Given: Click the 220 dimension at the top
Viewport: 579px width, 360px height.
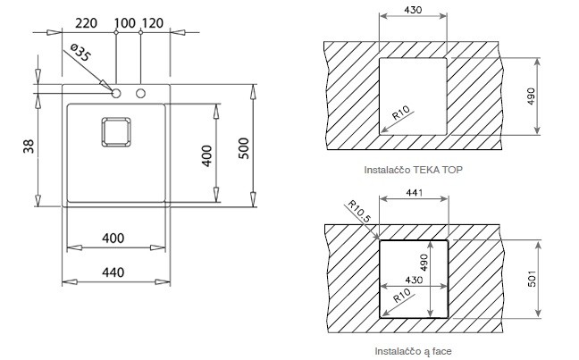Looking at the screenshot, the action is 86,23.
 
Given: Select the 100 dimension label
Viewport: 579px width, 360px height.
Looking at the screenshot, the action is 125,23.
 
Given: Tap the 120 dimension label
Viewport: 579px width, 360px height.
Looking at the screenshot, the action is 153,23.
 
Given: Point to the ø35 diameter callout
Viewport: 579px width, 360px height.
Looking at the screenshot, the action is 80,53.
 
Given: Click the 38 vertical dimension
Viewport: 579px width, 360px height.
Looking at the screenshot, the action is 29,147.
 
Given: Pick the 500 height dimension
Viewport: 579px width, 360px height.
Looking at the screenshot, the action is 244,148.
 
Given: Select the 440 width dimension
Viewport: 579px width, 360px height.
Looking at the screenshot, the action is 113,272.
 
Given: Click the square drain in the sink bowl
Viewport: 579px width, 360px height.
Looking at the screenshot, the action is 116,132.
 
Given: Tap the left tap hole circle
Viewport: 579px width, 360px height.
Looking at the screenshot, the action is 116,94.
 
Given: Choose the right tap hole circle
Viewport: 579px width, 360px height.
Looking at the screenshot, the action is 140,94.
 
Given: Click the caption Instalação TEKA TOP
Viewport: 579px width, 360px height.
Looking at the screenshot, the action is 413,170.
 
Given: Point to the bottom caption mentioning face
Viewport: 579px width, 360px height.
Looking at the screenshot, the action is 413,351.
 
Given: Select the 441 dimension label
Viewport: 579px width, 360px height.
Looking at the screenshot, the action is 415,192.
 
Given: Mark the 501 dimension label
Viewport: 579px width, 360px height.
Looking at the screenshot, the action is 532,279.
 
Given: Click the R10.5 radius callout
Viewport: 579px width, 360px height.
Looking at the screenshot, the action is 358,211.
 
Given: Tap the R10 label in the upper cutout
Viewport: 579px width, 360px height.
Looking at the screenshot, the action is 401,113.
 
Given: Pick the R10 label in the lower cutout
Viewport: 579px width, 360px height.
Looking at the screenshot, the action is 402,296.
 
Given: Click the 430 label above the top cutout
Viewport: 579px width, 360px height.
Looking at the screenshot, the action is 413,10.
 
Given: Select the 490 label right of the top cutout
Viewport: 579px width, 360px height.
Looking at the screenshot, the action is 531,96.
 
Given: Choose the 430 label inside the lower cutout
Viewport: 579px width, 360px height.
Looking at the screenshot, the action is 414,280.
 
